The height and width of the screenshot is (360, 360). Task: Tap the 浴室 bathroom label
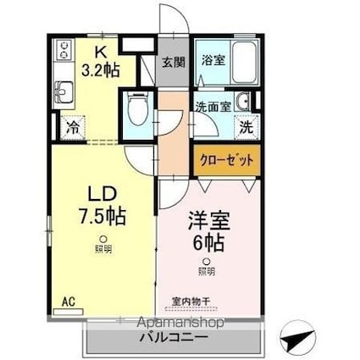coord(212,61)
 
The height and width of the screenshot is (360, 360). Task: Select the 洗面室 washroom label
coord(213,107)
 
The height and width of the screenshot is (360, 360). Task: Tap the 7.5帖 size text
coord(102,215)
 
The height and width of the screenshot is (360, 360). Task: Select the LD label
coord(102,193)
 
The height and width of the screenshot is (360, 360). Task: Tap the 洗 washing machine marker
coord(244,129)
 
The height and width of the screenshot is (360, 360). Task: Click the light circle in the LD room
coord(101,238)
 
